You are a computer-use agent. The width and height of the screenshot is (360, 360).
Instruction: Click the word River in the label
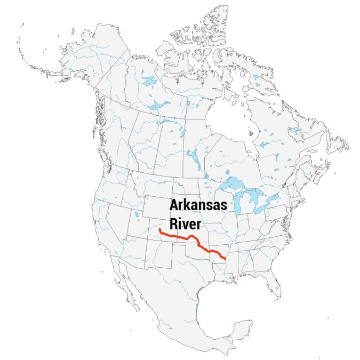tap(184, 221)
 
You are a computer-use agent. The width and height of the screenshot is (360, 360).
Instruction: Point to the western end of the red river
tap(159, 230)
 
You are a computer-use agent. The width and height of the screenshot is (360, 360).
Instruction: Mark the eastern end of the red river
tap(226, 259)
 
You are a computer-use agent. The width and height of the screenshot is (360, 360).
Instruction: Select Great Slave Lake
tap(158, 105)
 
